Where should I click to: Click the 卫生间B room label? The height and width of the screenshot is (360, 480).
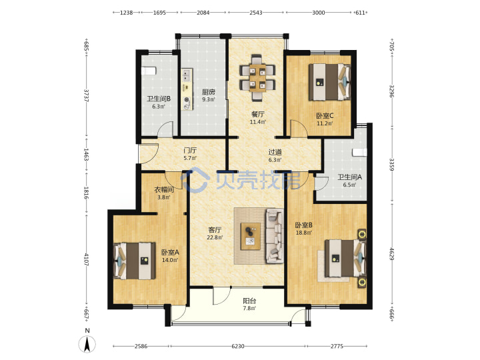(159, 99)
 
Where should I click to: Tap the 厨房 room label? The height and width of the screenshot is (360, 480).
(208, 92)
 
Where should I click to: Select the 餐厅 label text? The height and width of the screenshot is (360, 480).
(258, 114)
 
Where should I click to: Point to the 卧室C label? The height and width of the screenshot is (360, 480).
(325, 116)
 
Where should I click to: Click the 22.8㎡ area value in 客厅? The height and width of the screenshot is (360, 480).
(215, 237)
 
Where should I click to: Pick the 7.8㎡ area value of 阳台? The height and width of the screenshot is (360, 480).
(249, 308)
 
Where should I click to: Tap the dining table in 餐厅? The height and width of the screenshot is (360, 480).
(257, 78)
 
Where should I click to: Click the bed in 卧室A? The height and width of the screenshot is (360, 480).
(135, 261)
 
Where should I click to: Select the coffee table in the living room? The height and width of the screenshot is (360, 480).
(251, 236)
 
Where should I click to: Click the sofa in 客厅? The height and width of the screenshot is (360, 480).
(275, 235)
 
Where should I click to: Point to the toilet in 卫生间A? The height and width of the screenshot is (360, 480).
(359, 153)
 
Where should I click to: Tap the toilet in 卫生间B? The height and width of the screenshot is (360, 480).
(149, 71)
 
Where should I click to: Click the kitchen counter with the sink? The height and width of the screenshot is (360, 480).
(187, 89)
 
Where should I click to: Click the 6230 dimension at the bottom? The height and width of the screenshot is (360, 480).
(238, 346)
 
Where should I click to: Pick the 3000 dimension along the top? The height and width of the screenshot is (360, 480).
(319, 13)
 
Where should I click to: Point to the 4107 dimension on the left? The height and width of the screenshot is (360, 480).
(86, 259)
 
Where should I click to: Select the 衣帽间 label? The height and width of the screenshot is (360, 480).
(164, 190)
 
